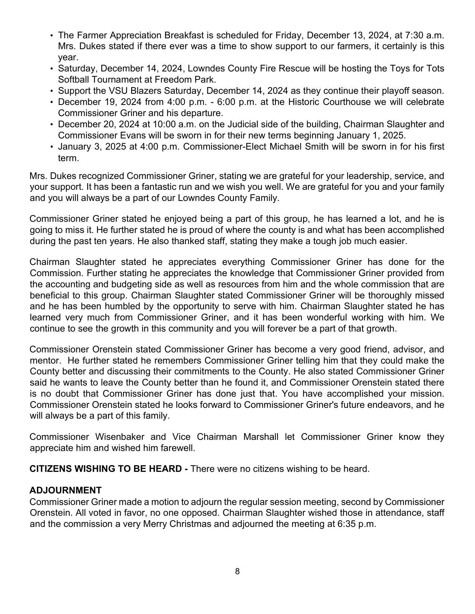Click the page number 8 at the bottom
(237, 572)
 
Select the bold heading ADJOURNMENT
(66, 490)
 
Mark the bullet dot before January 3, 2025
(52, 147)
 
